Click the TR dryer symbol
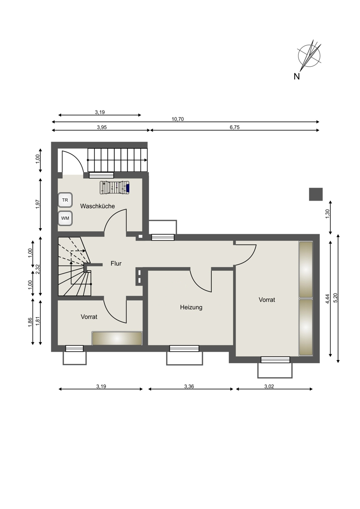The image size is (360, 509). (x=65, y=200)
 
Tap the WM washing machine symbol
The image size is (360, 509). (x=65, y=218)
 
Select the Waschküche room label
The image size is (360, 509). (x=97, y=206)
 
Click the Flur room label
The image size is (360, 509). (x=116, y=263)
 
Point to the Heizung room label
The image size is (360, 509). (x=191, y=307)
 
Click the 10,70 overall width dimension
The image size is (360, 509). (x=177, y=119)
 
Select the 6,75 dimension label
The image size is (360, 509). (x=234, y=127)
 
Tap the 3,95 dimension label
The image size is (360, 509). (x=101, y=127)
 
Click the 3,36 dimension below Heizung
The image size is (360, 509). (x=189, y=386)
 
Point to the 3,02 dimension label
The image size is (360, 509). (x=269, y=386)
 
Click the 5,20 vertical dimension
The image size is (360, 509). (x=336, y=298)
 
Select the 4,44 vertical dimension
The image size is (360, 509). (x=327, y=299)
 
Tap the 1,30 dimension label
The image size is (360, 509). (x=327, y=214)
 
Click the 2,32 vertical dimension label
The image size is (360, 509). (x=38, y=266)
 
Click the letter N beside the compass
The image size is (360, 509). (x=297, y=77)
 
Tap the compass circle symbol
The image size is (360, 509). (x=309, y=56)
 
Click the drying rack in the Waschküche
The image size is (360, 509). (x=115, y=187)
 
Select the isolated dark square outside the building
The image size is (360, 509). (x=316, y=194)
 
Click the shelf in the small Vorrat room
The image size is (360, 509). (x=117, y=338)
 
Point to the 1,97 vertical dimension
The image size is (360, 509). (x=38, y=204)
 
